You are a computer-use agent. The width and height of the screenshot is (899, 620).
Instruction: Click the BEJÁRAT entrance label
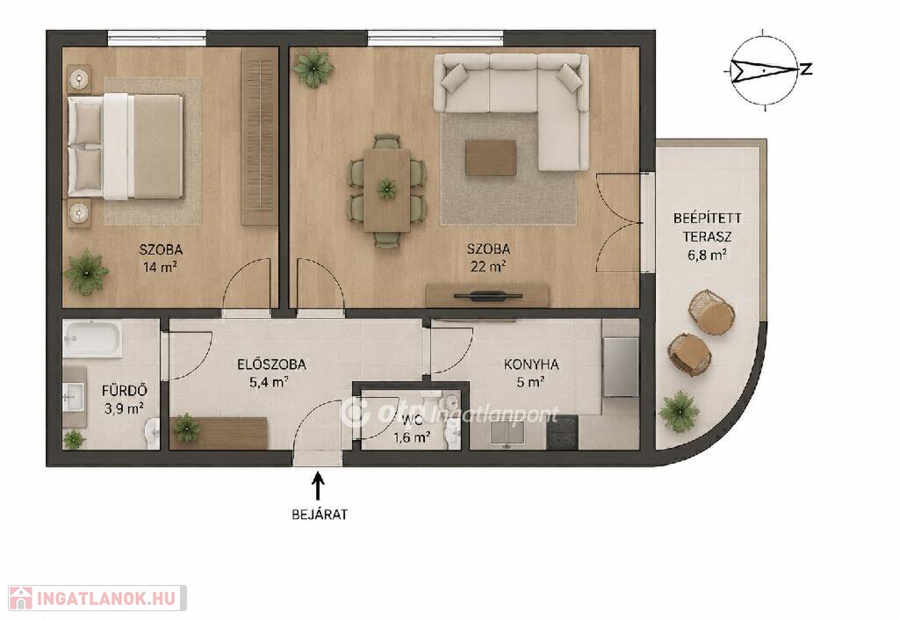[x=320, y=515]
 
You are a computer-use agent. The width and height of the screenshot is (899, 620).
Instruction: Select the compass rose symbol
[x=766, y=68]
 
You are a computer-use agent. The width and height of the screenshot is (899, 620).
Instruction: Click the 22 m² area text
[x=488, y=266]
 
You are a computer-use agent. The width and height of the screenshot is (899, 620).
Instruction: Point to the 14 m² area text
[x=161, y=267]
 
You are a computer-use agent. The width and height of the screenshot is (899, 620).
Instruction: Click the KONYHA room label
[x=531, y=364]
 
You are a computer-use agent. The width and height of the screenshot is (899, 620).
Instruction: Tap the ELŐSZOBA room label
[x=271, y=364]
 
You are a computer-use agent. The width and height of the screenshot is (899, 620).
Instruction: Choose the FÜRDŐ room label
[x=125, y=391]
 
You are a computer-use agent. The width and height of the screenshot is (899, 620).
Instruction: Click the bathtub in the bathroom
[x=92, y=339]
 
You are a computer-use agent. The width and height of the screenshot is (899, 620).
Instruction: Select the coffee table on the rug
[x=490, y=158]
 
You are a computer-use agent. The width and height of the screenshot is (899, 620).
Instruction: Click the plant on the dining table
[x=386, y=188]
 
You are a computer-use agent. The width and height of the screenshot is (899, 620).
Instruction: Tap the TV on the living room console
[x=488, y=296]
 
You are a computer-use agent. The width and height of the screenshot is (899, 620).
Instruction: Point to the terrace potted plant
[x=680, y=410]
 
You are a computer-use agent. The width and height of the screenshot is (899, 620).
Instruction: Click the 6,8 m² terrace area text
[x=707, y=255]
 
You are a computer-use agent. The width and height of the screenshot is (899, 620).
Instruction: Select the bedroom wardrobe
[x=259, y=136]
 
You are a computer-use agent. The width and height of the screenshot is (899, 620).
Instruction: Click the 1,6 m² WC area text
[x=412, y=438]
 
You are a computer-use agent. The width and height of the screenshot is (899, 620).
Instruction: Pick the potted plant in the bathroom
[x=74, y=439]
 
